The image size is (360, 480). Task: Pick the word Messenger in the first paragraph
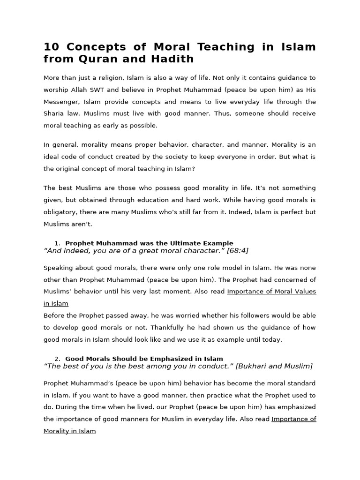coord(61,102)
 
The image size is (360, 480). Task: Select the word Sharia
coord(53,114)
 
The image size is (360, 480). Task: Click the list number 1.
coord(57,243)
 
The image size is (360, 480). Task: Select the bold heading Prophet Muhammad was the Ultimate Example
coord(149,243)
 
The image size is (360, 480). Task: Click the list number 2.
coord(57,359)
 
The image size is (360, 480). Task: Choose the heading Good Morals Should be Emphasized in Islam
coord(144,359)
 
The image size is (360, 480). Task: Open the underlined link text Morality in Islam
coord(70,431)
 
